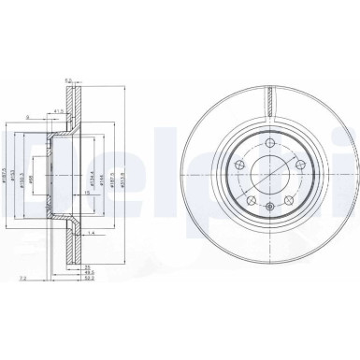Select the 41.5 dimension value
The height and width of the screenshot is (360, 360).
click(59, 111)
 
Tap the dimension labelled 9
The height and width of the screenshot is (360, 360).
click(28, 117)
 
